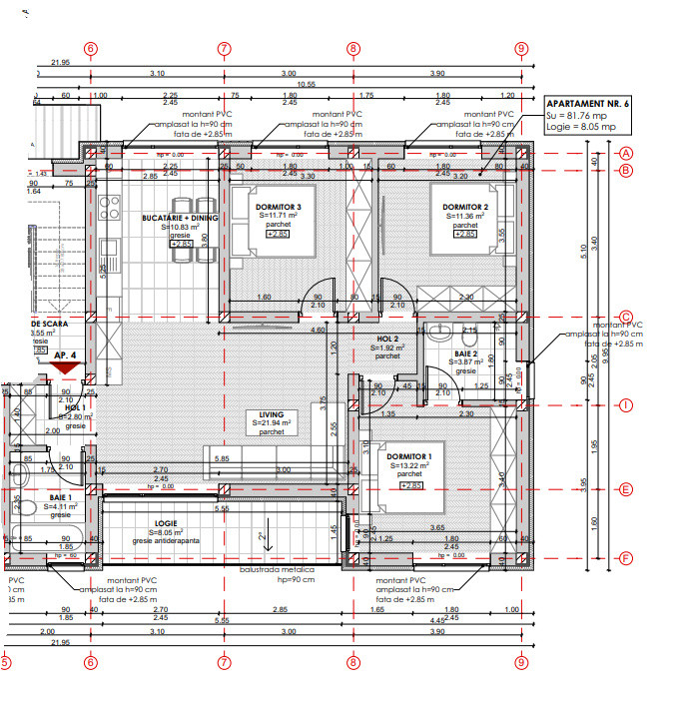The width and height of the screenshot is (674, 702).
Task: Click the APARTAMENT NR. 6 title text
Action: pos(588,104)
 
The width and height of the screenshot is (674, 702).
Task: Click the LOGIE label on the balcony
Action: pos(166,523)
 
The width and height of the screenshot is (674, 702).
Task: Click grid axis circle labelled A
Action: pos(627,153)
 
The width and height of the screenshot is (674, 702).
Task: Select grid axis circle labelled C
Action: pos(627,317)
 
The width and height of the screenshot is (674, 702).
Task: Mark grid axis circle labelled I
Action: pos(627,404)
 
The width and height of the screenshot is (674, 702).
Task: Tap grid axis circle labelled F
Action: pos(627,557)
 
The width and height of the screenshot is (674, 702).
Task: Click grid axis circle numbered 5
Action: pos(5,661)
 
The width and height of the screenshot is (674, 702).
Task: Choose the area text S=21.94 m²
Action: pos(273,424)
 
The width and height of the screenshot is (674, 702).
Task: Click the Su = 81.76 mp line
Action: pos(581,116)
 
